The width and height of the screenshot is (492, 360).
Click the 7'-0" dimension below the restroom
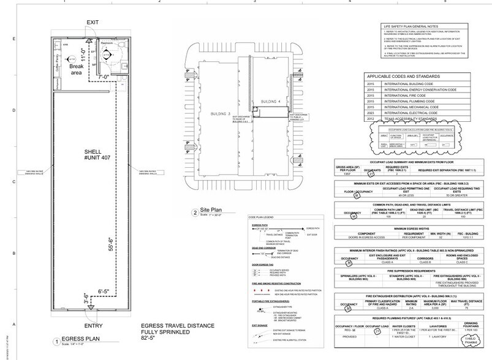click(x=101, y=77)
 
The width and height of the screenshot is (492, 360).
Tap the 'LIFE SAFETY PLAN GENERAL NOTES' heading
click(x=413, y=27)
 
